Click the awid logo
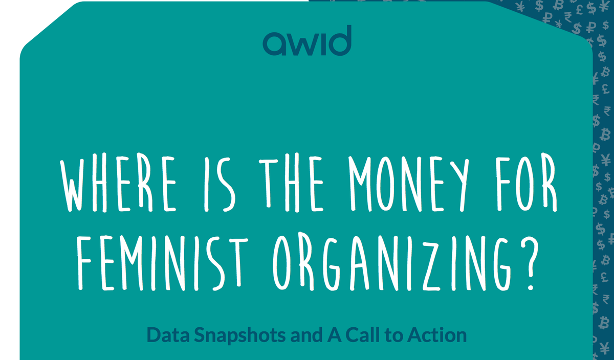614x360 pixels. pos(307,40)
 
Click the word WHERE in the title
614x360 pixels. pos(118,183)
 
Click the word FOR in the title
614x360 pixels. pos(527,183)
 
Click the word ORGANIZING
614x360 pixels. pos(392,262)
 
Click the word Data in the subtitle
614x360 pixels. pos(168,335)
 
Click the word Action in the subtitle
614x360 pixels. pos(436,335)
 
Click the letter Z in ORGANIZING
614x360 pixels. pos(434,263)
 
